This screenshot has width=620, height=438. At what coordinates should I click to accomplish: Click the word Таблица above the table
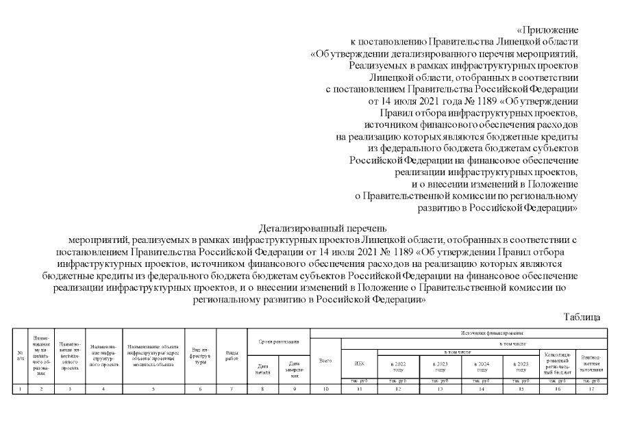(582, 317)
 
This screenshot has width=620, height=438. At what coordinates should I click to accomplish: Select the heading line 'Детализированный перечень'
(323, 227)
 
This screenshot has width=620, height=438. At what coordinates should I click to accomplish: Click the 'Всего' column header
(325, 360)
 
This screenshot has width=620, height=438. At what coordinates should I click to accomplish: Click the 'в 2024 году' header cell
(482, 364)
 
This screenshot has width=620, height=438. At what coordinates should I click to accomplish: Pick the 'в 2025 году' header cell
(521, 364)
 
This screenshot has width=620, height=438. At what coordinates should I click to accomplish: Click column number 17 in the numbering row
(591, 389)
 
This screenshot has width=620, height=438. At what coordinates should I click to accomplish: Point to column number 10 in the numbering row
(325, 389)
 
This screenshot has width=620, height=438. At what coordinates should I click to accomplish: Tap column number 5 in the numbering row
(153, 389)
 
